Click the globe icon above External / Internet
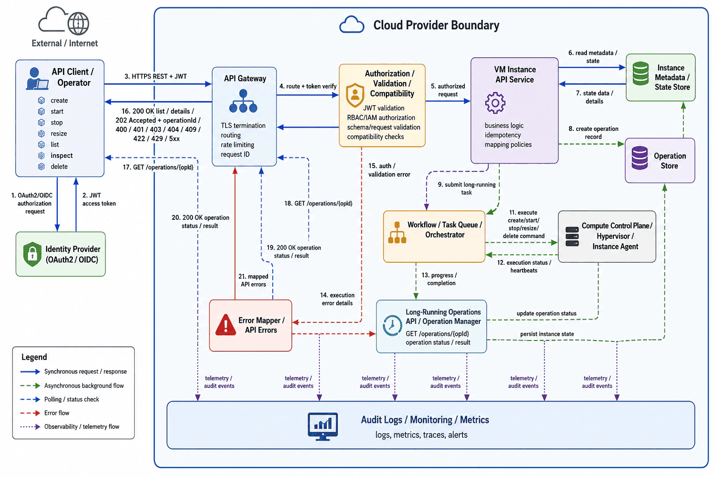click(78, 23)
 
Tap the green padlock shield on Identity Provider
click(32, 254)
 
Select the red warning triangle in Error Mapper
click(226, 325)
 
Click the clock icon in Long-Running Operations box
click(392, 326)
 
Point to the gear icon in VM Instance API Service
click(495, 103)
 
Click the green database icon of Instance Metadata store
click(640, 74)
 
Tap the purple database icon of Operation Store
click(640, 158)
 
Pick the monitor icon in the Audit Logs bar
click(323, 427)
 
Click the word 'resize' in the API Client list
click(59, 134)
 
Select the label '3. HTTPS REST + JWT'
click(156, 76)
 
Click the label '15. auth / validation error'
click(389, 170)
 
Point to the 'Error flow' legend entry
click(56, 413)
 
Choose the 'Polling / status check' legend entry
click(72, 399)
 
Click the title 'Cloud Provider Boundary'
click(436, 25)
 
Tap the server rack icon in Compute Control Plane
click(572, 237)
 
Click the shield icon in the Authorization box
click(355, 95)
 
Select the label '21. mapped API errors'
click(253, 280)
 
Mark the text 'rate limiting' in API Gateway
click(237, 145)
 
